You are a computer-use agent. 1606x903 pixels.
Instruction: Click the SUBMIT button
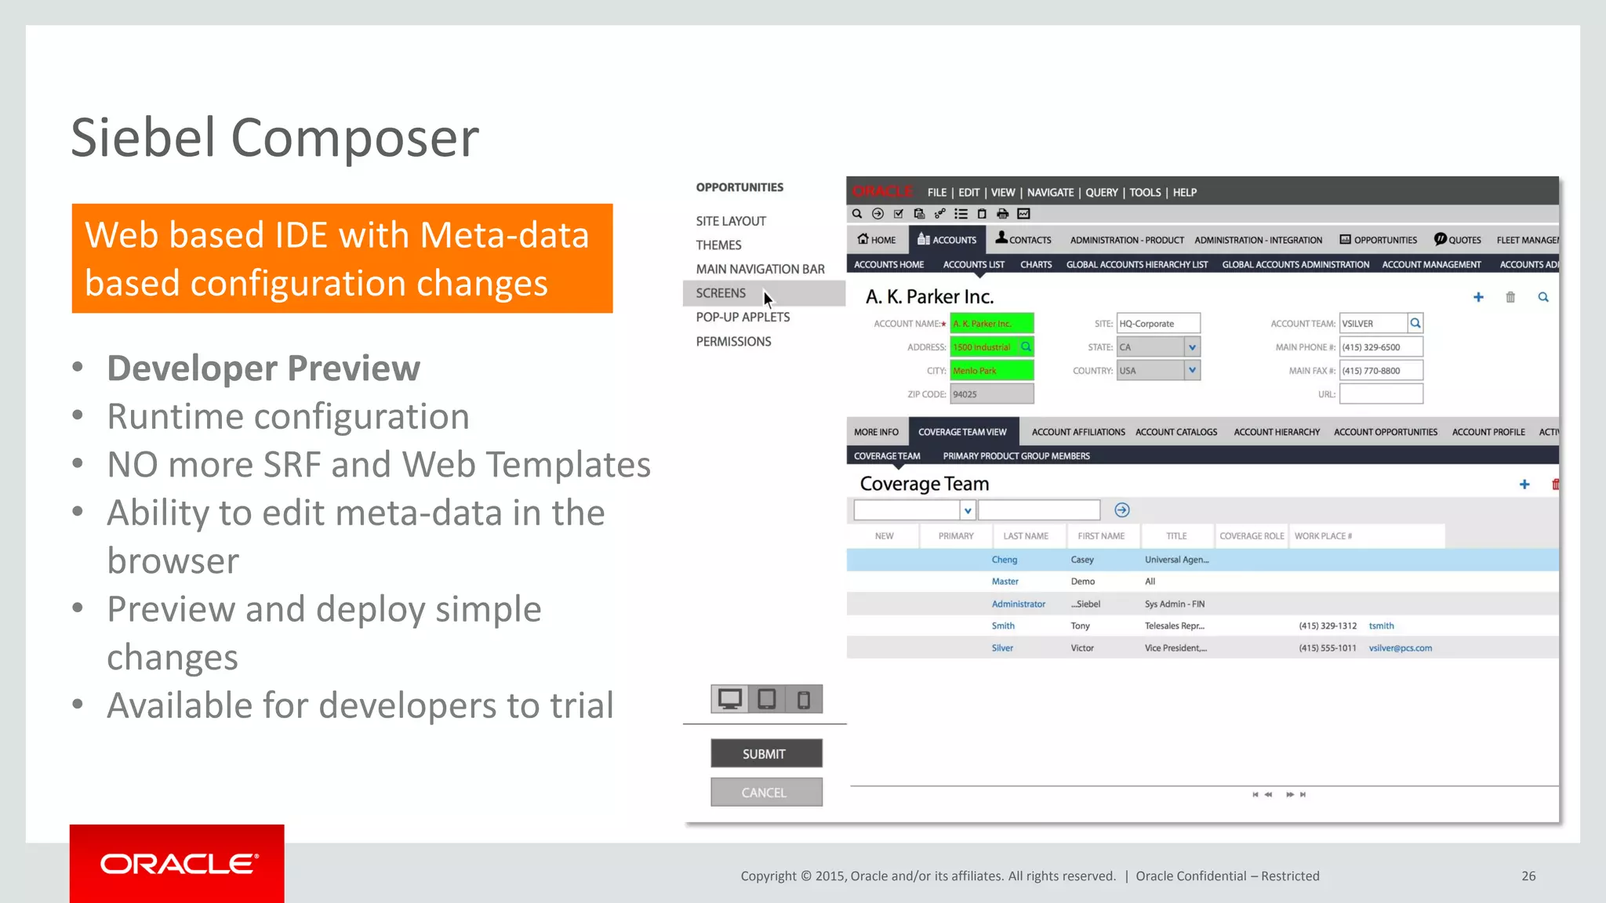pyautogui.click(x=766, y=753)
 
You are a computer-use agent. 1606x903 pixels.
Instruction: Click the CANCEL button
pyautogui.click(x=766, y=792)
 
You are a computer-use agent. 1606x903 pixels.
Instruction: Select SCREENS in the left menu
pyautogui.click(x=721, y=293)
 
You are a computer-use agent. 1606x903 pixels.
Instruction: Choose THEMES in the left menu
pyautogui.click(x=718, y=245)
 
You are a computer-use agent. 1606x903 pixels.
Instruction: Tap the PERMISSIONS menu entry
pyautogui.click(x=733, y=342)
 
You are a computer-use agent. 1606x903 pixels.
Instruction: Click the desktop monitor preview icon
pyautogui.click(x=730, y=698)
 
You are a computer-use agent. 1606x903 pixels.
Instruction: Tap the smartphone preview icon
pyautogui.click(x=804, y=699)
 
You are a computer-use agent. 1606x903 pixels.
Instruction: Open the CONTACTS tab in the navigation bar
pyautogui.click(x=1023, y=240)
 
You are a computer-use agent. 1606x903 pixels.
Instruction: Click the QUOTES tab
pyautogui.click(x=1458, y=240)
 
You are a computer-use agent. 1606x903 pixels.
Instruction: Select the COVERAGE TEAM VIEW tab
pyautogui.click(x=962, y=432)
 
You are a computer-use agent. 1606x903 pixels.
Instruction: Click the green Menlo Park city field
pyautogui.click(x=991, y=371)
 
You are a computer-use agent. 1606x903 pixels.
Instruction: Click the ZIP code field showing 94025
pyautogui.click(x=991, y=394)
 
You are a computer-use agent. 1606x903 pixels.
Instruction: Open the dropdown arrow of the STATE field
pyautogui.click(x=1192, y=347)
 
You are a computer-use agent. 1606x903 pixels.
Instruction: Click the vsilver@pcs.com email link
pyautogui.click(x=1400, y=648)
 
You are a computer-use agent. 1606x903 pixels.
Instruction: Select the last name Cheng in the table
pyautogui.click(x=1004, y=560)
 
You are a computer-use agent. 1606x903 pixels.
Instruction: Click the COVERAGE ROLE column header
pyautogui.click(x=1252, y=536)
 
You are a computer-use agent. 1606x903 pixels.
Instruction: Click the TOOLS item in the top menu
pyautogui.click(x=1145, y=193)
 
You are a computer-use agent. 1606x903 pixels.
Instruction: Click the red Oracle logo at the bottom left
pyautogui.click(x=177, y=864)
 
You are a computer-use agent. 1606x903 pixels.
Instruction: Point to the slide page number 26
pyautogui.click(x=1528, y=876)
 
